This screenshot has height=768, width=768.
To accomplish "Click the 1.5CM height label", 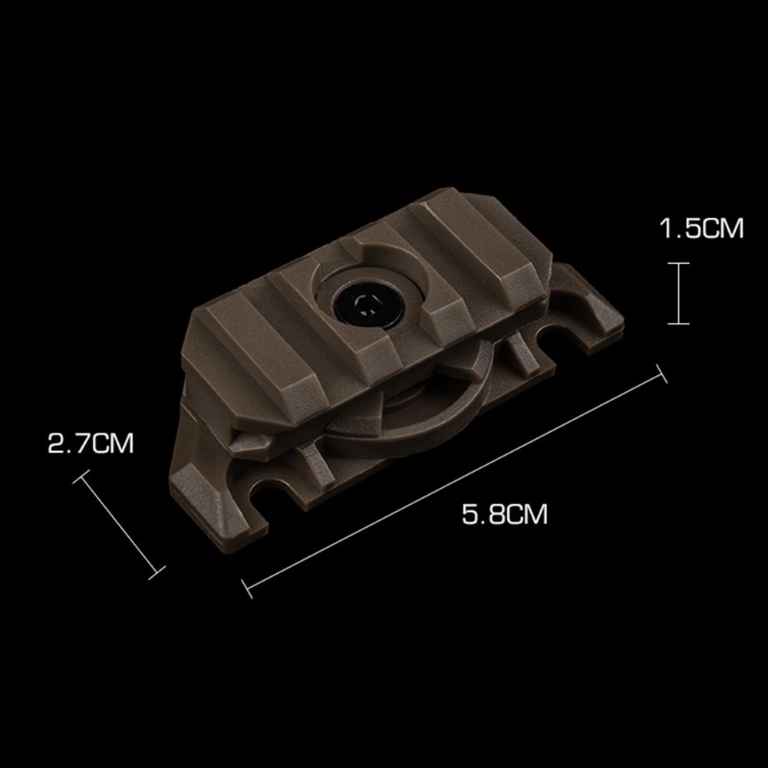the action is click(x=701, y=228).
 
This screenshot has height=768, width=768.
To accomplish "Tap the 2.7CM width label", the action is click(x=91, y=443).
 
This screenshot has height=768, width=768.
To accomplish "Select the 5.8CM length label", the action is click(x=505, y=514).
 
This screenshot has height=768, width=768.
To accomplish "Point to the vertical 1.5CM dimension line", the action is click(x=679, y=293).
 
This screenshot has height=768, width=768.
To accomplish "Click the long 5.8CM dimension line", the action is click(x=454, y=481).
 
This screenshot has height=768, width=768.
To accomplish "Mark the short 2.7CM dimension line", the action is click(x=118, y=525).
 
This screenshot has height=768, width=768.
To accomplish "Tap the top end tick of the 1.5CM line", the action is click(x=679, y=263).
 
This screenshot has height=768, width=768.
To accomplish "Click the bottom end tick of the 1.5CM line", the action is click(x=679, y=323).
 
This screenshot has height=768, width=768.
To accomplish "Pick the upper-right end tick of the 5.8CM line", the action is click(x=661, y=374).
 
